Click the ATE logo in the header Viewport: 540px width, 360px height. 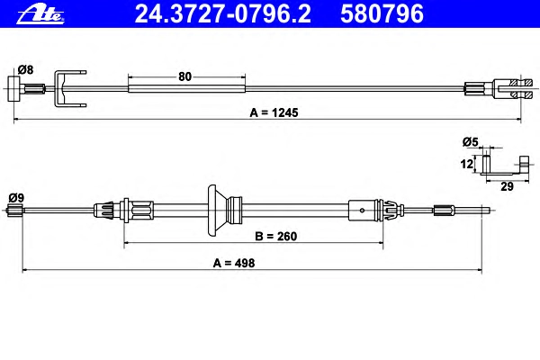tap(40, 14)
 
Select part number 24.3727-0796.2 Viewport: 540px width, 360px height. tap(223, 13)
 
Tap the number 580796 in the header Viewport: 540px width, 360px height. tap(382, 13)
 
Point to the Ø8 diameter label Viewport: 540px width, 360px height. tap(25, 70)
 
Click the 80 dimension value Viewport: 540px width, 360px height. tap(184, 76)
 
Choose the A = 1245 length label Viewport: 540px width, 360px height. tap(274, 112)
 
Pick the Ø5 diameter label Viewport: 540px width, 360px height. tap(471, 142)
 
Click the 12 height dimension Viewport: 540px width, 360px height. tap(467, 164)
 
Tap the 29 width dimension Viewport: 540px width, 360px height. tap(507, 186)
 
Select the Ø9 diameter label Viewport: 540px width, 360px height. tap(16, 198)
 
